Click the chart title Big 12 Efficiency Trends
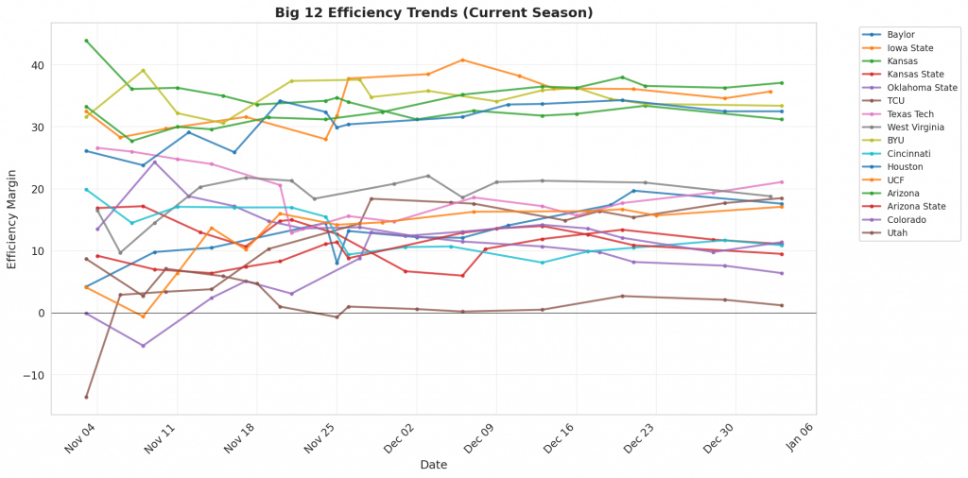434,12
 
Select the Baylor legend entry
901,35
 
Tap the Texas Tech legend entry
909,113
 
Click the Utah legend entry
898,231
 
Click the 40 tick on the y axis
37,65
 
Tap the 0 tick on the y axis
41,313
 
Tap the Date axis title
434,465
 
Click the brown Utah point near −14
86,397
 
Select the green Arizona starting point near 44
86,41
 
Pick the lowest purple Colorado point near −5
143,346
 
